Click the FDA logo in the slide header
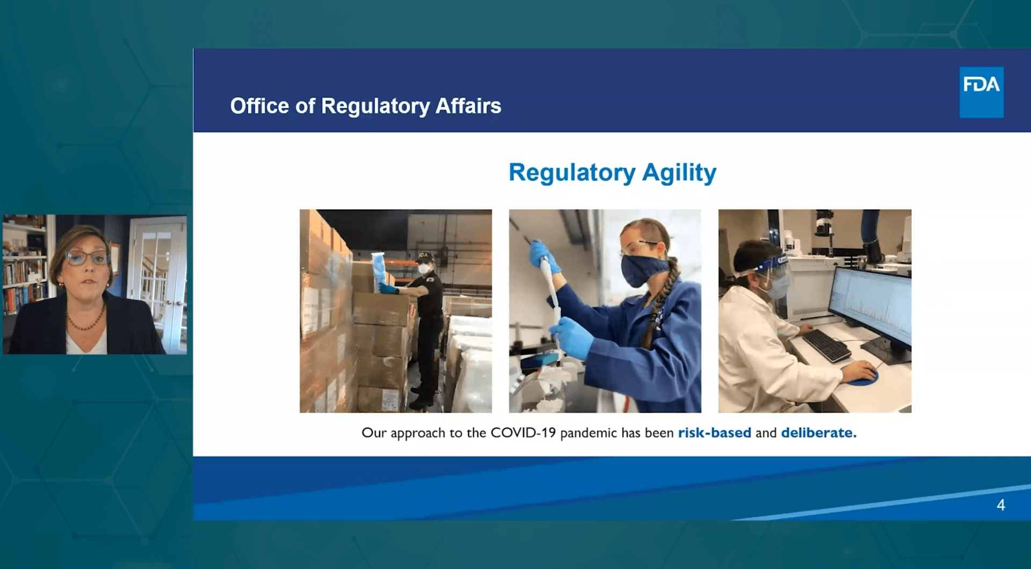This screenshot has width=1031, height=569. (x=981, y=92)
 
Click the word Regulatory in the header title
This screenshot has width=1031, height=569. (x=375, y=106)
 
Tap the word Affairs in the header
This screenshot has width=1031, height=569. (x=468, y=106)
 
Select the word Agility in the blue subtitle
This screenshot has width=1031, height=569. (x=679, y=173)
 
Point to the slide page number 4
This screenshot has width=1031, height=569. (x=1001, y=505)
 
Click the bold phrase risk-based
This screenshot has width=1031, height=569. (x=714, y=433)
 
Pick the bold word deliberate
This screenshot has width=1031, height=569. (x=818, y=433)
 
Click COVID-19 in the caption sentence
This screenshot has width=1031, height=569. (x=523, y=433)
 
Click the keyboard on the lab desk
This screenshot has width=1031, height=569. (x=826, y=345)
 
